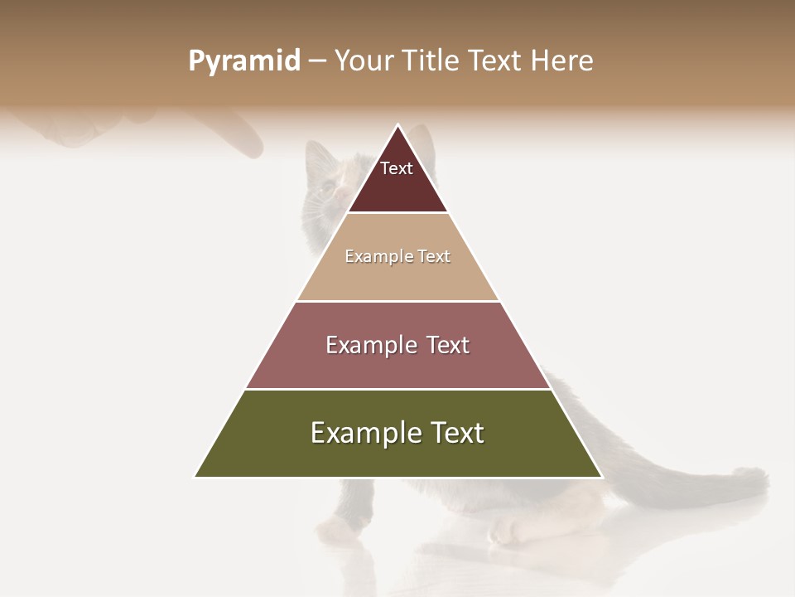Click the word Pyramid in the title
pyautogui.click(x=244, y=61)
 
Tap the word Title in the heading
pyautogui.click(x=431, y=61)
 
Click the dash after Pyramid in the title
pyautogui.click(x=316, y=61)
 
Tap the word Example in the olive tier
pyautogui.click(x=364, y=433)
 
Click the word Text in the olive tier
pyautogui.click(x=456, y=433)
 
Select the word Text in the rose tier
pyautogui.click(x=446, y=345)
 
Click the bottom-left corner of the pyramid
pyautogui.click(x=195, y=477)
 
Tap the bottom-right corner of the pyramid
pyautogui.click(x=602, y=477)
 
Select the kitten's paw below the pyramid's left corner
pyautogui.click(x=336, y=527)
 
